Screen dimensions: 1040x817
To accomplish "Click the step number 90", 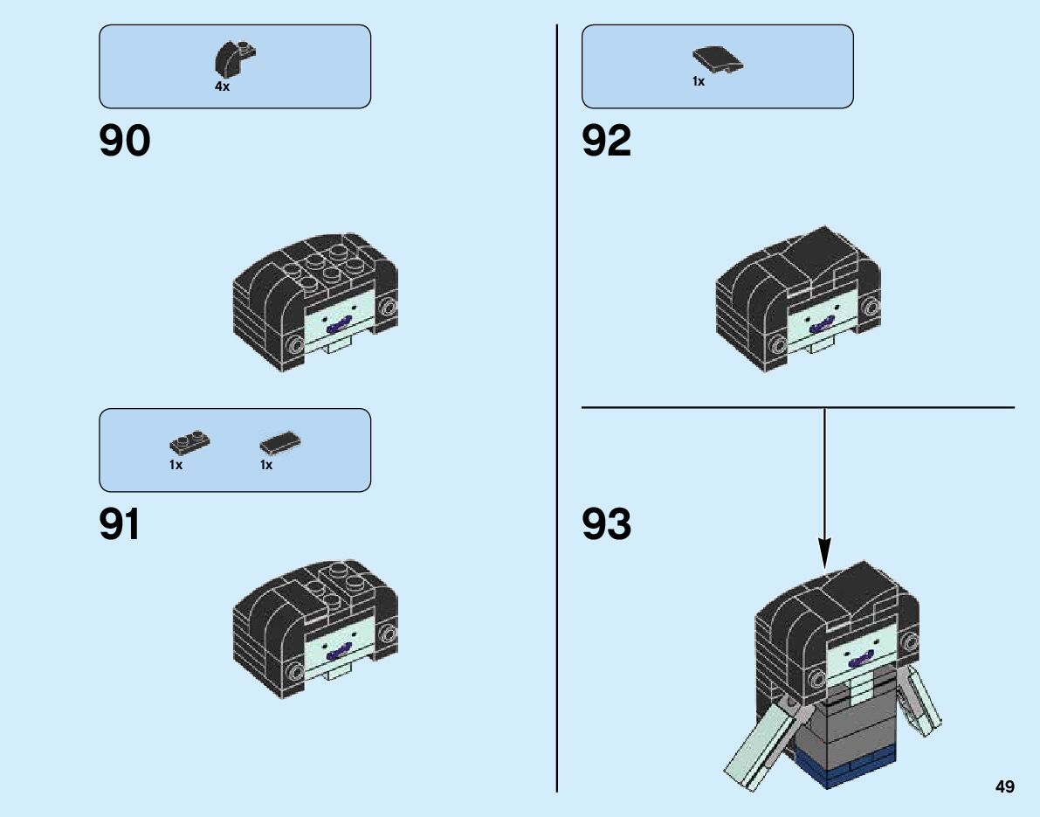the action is tap(125, 142).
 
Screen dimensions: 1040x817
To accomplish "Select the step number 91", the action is tap(120, 525).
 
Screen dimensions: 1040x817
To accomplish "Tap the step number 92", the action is tap(607, 142).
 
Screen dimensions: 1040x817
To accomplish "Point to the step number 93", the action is tap(607, 525).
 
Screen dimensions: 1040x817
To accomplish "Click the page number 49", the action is tap(1004, 787).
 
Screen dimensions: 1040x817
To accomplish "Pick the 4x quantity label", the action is tap(222, 87).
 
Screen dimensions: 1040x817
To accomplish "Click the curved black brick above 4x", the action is tap(233, 59).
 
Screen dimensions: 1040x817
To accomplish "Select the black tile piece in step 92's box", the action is tap(718, 59).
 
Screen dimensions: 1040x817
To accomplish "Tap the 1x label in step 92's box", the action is tap(699, 81).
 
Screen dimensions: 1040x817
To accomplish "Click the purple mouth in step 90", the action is tap(337, 327).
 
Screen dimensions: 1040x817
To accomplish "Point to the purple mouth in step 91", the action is tap(337, 652).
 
